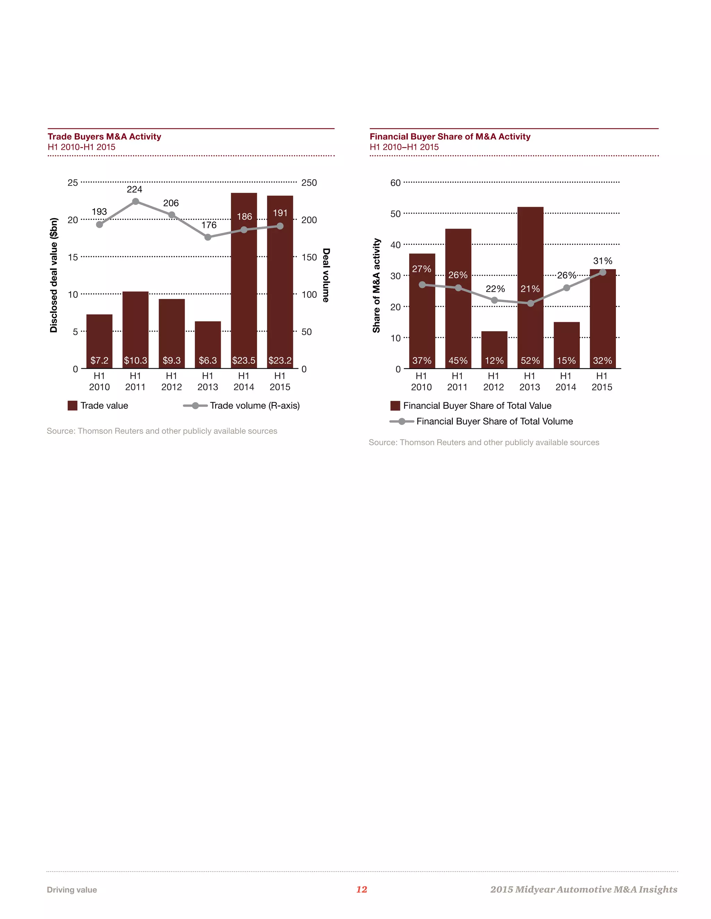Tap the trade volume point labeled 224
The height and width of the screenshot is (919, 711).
pyautogui.click(x=136, y=201)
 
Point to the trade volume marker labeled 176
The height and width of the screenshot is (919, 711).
pyautogui.click(x=208, y=237)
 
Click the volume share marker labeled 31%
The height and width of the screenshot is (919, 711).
pyautogui.click(x=603, y=272)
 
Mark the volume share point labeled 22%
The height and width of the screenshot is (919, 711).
pyautogui.click(x=494, y=300)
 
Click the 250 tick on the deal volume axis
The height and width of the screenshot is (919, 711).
pyautogui.click(x=309, y=183)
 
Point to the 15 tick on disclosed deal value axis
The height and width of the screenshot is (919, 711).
pyautogui.click(x=73, y=257)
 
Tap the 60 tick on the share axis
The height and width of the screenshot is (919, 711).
pyautogui.click(x=395, y=183)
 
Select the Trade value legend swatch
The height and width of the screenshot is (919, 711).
pyautogui.click(x=73, y=406)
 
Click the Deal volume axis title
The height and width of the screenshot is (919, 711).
pyautogui.click(x=326, y=275)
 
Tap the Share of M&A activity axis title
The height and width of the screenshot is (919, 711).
pyautogui.click(x=376, y=285)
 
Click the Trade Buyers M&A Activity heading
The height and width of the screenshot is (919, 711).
pyautogui.click(x=104, y=136)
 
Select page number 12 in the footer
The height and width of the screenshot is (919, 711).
pyautogui.click(x=361, y=889)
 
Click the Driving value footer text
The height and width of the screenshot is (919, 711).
pyautogui.click(x=72, y=890)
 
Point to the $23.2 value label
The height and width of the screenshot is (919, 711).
pyautogui.click(x=280, y=360)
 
